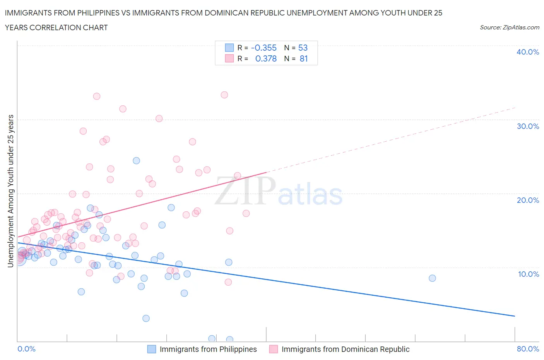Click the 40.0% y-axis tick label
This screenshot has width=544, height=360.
tap(528, 52)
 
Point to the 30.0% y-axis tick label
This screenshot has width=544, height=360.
tap(528, 126)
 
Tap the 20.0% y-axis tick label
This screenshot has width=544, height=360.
tap(528, 200)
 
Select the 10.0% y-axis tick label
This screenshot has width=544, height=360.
tap(528, 274)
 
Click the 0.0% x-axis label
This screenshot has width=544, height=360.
tap(26, 349)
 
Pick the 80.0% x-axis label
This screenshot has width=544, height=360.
tap(528, 349)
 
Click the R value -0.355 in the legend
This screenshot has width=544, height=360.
tap(263, 48)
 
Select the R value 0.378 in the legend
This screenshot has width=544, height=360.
tap(266, 58)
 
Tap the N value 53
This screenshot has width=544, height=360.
tap(303, 48)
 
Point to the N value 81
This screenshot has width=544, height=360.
tap(303, 58)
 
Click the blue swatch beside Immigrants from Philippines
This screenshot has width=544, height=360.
tap(152, 349)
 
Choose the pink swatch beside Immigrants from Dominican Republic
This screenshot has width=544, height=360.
tap(274, 349)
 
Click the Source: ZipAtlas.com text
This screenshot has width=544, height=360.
tap(509, 27)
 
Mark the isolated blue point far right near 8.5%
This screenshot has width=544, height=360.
tap(432, 278)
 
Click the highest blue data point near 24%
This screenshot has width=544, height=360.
tap(136, 161)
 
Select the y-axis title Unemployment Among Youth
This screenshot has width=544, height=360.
tap(11, 191)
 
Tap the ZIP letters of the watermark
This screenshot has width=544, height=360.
tap(245, 190)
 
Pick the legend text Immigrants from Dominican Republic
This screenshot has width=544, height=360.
tap(345, 349)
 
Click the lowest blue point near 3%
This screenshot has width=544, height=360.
tap(146, 318)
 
